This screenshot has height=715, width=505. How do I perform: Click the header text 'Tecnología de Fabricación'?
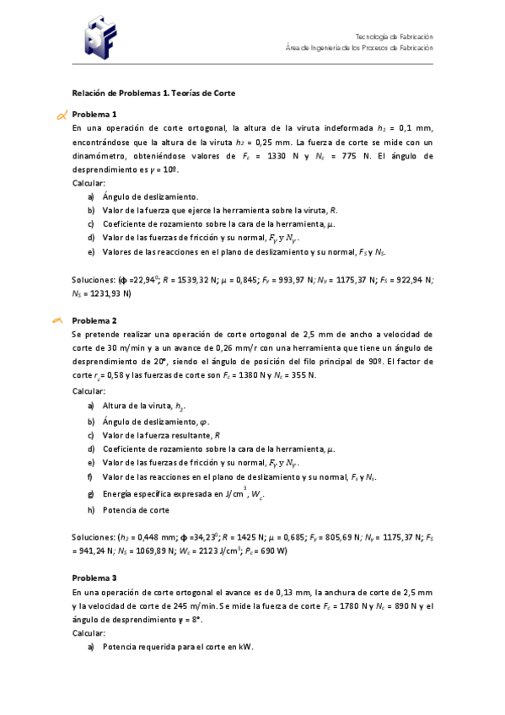pyautogui.click(x=394, y=37)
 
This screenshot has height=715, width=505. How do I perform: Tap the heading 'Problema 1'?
pyautogui.click(x=94, y=115)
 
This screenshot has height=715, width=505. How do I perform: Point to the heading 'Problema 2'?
pyautogui.click(x=94, y=321)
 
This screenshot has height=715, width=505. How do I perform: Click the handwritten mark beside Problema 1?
pyautogui.click(x=60, y=115)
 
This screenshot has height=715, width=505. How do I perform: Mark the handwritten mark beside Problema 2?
pyautogui.click(x=58, y=320)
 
